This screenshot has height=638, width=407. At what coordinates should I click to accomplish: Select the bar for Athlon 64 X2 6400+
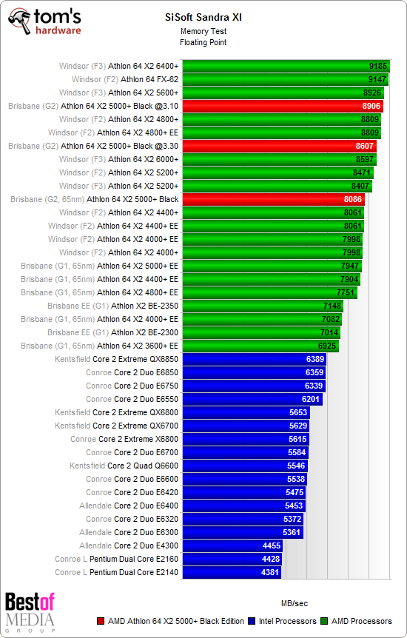pyautogui.click(x=286, y=67)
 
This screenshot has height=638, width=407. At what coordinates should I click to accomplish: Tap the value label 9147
pyautogui.click(x=377, y=80)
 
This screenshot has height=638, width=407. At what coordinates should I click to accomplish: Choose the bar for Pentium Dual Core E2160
pyautogui.click(x=233, y=560)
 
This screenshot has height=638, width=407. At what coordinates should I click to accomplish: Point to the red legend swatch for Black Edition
pyautogui.click(x=101, y=621)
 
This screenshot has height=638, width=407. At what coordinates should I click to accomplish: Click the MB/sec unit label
pyautogui.click(x=294, y=602)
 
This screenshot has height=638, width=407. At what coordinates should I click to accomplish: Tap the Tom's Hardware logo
pyautogui.click(x=45, y=21)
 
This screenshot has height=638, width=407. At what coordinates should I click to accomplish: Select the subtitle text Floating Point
pyautogui.click(x=203, y=42)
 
